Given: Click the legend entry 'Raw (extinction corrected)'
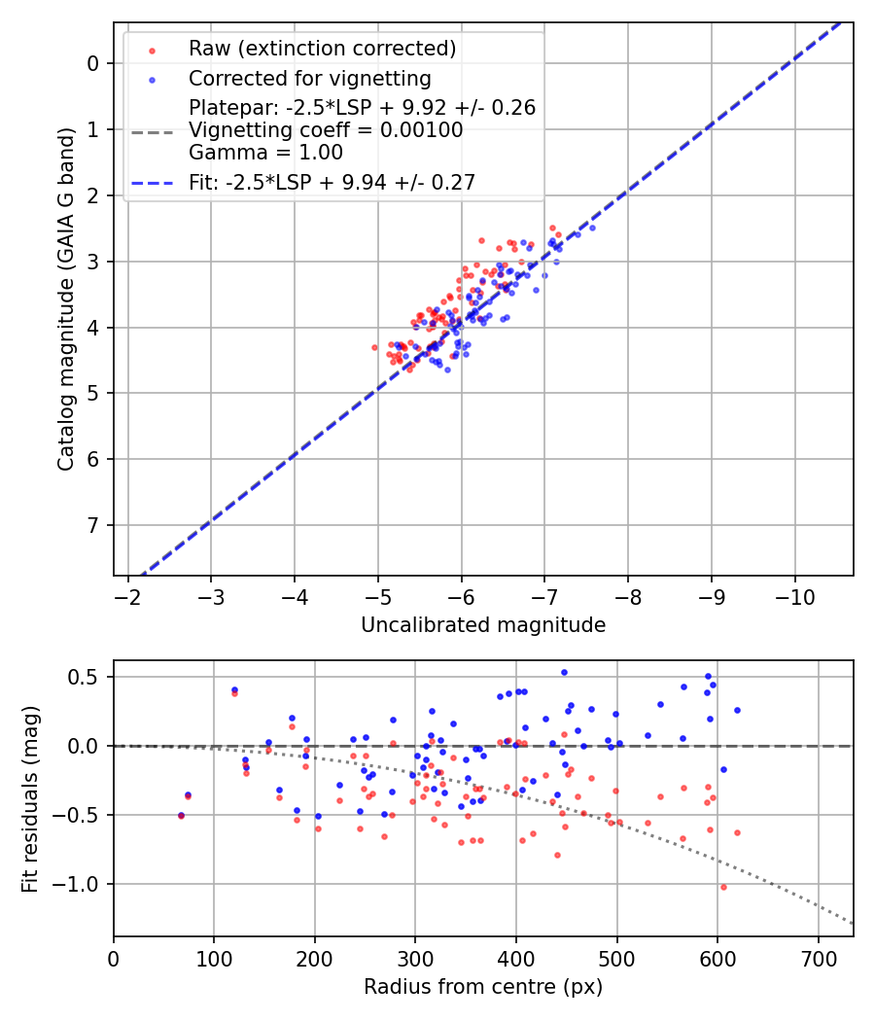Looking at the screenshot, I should (x=322, y=49).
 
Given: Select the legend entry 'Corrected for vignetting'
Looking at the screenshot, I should (x=309, y=78).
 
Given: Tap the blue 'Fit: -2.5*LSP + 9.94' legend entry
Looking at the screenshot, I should (x=332, y=182).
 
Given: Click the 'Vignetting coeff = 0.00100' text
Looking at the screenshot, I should (x=326, y=129).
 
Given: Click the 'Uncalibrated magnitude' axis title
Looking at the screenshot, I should (x=483, y=625).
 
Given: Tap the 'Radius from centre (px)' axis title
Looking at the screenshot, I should (x=483, y=987).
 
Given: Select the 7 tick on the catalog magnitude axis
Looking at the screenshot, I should (x=93, y=525).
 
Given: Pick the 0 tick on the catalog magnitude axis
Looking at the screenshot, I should (x=93, y=63).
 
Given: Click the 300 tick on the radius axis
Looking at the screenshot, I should (x=415, y=957).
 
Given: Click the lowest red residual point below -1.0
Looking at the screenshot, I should (x=723, y=887).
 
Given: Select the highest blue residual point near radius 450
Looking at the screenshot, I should (x=564, y=672).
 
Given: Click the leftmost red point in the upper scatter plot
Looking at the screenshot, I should (x=374, y=347).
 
